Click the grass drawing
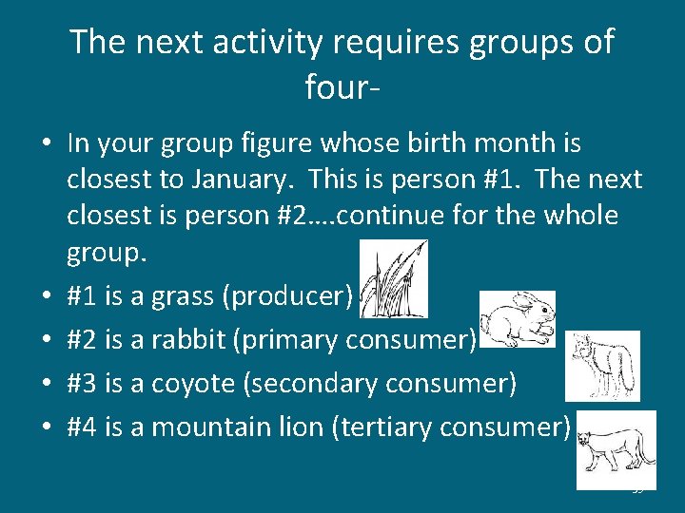(x=394, y=278)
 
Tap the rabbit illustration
(x=517, y=320)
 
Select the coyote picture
(x=600, y=366)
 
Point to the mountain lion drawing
(x=616, y=449)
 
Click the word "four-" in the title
(x=343, y=87)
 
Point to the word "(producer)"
(x=287, y=297)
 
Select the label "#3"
(x=82, y=383)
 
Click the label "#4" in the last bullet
(x=82, y=427)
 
